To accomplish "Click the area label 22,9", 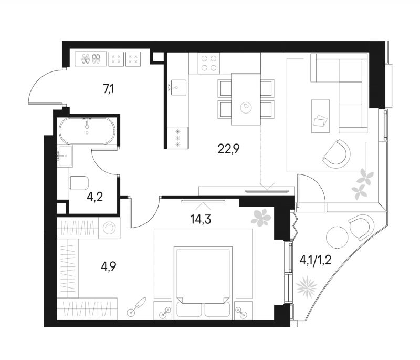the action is [228, 148].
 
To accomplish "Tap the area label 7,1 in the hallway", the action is [109, 89].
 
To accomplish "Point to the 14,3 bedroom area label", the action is [201, 219].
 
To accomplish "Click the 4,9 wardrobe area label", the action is [109, 268].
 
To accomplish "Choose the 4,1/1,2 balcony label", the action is [315, 260].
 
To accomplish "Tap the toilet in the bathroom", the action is [79, 183].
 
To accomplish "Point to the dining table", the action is [246, 99].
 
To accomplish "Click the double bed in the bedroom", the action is [203, 283].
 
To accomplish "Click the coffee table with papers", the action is [320, 116].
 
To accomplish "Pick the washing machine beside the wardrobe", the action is [109, 228].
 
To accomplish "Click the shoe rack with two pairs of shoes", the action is [91, 59].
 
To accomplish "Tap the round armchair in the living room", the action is [337, 154].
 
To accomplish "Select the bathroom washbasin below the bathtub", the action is [64, 156].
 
